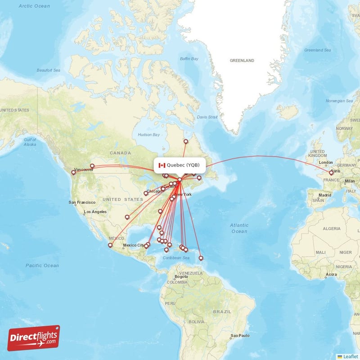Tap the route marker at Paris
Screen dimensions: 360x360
(331, 172)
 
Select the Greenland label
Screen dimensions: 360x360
(242, 60)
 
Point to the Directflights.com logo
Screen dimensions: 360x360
(34, 338)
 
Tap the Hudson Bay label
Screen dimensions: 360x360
(148, 135)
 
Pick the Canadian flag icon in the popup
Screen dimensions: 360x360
(162, 165)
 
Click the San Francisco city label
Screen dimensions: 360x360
(81, 202)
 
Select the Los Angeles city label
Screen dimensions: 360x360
(95, 211)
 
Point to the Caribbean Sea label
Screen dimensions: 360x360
(175, 258)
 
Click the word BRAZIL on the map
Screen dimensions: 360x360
(222, 311)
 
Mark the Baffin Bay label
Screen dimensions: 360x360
(189, 59)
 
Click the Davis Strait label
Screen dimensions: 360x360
(207, 117)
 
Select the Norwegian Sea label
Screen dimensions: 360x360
(339, 101)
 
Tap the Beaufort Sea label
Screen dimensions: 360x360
(49, 70)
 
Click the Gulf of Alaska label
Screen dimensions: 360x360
(30, 142)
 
